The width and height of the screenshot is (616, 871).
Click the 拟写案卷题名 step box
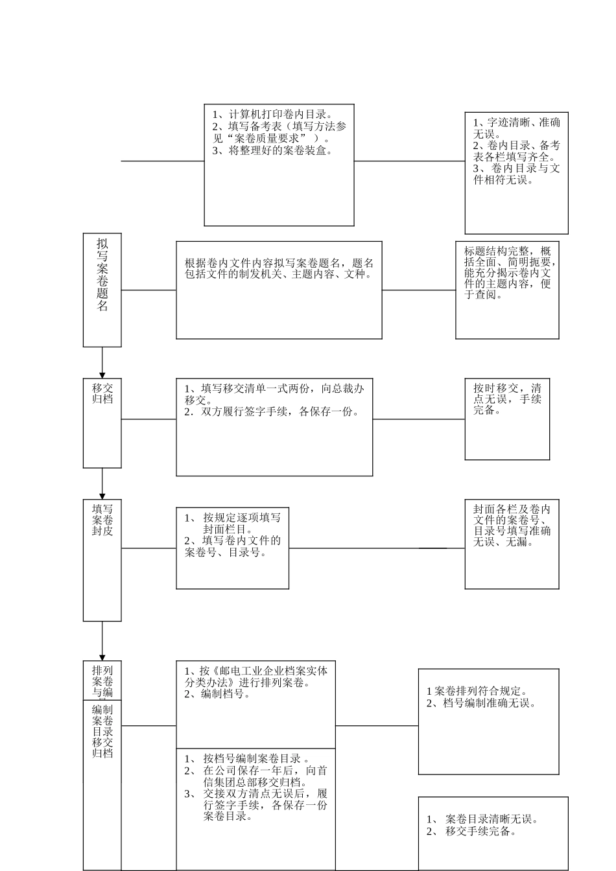coord(102,290)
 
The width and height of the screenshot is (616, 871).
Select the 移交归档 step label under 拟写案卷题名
coord(102,393)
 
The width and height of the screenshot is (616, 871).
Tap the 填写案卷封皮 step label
coord(102,520)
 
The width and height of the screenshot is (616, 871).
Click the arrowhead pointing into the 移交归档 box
coord(102,375)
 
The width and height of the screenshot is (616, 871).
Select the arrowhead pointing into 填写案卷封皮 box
coord(102,496)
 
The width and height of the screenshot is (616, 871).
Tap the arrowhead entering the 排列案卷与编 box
coord(102,658)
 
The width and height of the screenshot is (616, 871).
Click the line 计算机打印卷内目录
coord(273,115)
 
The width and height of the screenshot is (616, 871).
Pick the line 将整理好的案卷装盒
coord(272,150)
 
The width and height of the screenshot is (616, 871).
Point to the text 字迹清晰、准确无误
coord(517,128)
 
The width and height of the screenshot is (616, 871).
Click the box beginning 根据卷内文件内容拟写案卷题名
coord(279,290)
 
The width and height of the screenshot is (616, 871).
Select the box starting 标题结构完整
coord(507,290)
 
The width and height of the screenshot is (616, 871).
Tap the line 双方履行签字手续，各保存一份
coord(272,412)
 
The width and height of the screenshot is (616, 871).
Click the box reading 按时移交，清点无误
coord(507,419)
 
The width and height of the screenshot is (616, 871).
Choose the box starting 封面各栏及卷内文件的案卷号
coord(512,544)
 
